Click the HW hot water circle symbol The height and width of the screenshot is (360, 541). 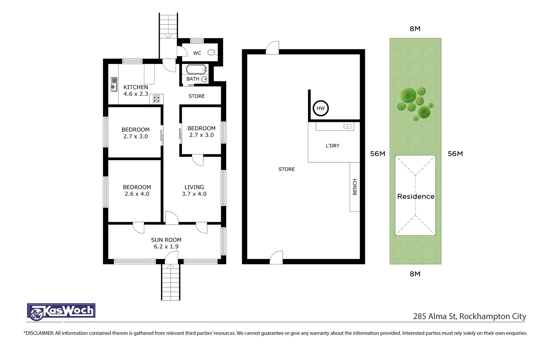[x=321, y=108]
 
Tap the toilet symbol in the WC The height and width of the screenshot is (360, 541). [x=211, y=52]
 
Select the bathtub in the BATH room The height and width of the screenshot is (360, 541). [x=196, y=69]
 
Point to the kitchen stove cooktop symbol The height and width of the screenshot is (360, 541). [x=156, y=99]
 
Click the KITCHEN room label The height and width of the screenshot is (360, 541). [x=135, y=87]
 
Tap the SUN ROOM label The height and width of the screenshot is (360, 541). [x=166, y=240]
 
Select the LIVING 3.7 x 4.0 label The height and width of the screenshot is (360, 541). [x=194, y=191]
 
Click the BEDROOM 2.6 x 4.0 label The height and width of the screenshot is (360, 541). [x=137, y=191]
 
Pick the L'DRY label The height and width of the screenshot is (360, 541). [x=333, y=146]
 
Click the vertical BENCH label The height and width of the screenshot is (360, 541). [x=355, y=187]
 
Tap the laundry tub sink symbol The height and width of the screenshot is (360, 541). [x=347, y=126]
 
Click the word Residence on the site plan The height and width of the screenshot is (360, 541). [x=416, y=197]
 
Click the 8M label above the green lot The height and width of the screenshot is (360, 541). [x=415, y=29]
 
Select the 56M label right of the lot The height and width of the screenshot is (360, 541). [x=455, y=154]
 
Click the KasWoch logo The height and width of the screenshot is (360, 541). [x=61, y=311]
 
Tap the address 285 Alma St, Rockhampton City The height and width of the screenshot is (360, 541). [x=469, y=316]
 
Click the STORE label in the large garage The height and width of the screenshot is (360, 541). [x=287, y=169]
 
